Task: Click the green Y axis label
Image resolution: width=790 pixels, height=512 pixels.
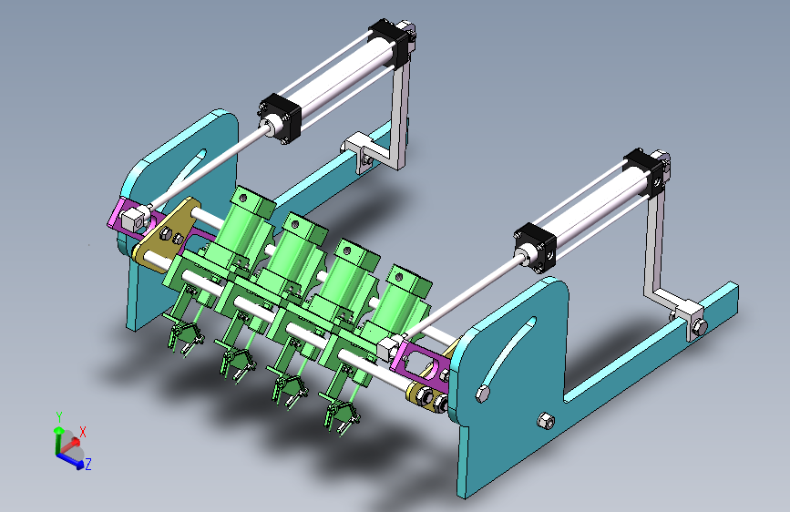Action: point(59,417)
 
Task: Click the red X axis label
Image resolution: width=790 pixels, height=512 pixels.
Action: point(83,432)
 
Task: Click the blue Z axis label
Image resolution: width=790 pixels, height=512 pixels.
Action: point(88,464)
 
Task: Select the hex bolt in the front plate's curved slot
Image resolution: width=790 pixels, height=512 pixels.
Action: point(483,394)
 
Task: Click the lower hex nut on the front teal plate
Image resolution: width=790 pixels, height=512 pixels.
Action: point(545,420)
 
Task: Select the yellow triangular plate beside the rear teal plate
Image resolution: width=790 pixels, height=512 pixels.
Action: point(166,234)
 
